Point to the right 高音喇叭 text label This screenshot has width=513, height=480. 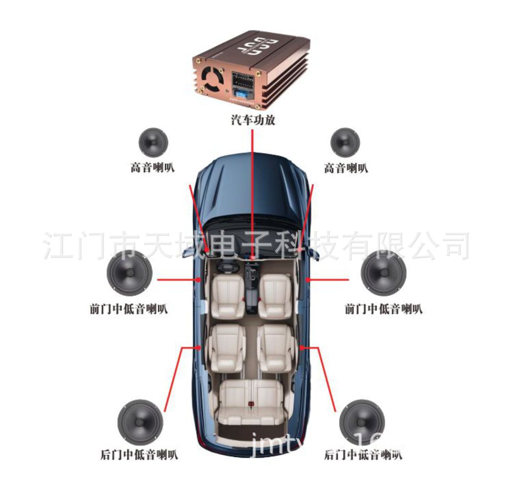point(345,168)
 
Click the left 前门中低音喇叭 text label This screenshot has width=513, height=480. point(129,309)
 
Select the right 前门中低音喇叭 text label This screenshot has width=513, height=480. point(383,309)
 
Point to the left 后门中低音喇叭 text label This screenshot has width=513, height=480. point(140,455)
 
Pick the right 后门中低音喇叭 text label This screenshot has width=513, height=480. point(363,455)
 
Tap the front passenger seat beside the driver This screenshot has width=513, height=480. point(275,295)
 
